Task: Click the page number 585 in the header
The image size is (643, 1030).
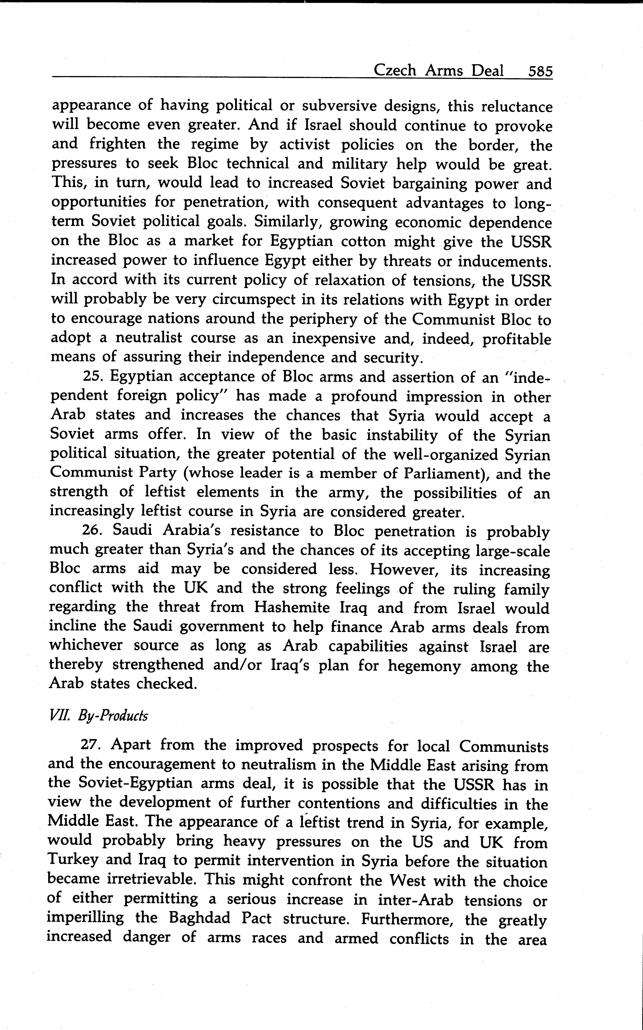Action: point(540,71)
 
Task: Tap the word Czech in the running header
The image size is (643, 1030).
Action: point(394,71)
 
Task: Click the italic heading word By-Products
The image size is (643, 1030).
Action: point(113,716)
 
